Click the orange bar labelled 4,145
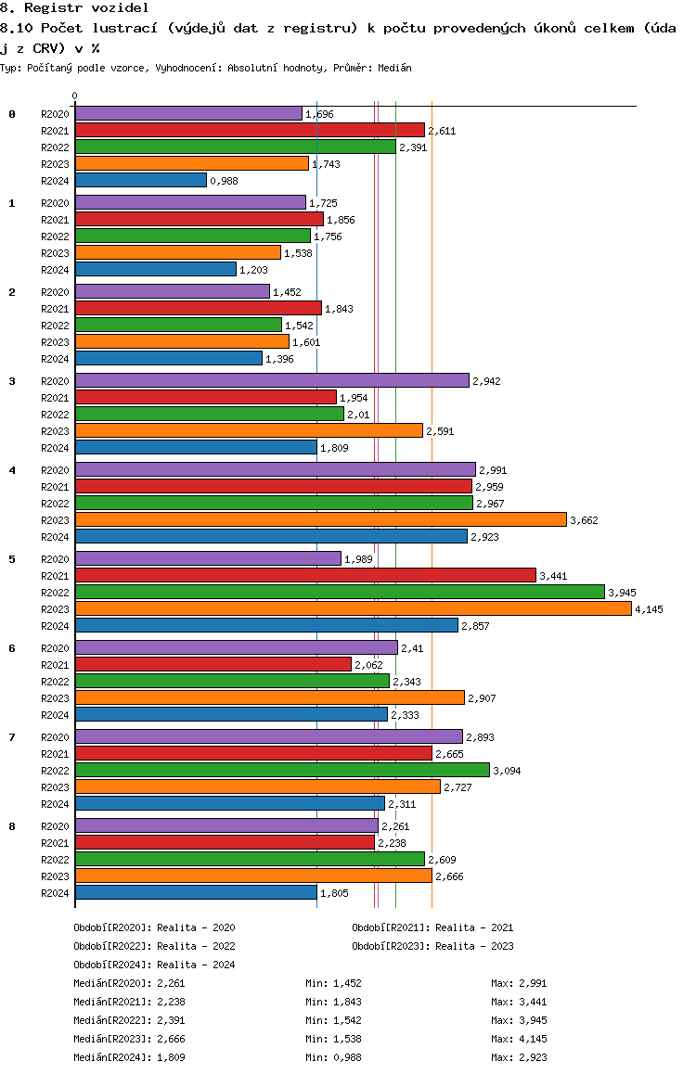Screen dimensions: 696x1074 (x=354, y=609)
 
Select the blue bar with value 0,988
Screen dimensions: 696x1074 (x=141, y=180)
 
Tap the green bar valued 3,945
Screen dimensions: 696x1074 (x=340, y=592)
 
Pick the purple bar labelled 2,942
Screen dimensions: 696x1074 (x=272, y=380)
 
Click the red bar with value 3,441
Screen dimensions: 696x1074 (x=305, y=575)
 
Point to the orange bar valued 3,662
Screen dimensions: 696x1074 (x=320, y=520)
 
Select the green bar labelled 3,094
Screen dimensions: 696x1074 (x=282, y=770)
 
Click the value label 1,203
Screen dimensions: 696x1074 (x=253, y=270)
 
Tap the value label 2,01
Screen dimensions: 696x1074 (x=358, y=415)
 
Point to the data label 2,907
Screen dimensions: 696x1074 (x=482, y=698)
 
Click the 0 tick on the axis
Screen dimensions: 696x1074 (x=74, y=96)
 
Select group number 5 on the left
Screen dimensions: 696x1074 (x=12, y=559)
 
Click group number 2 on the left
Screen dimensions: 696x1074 (x=12, y=292)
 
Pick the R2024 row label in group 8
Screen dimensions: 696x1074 (x=55, y=893)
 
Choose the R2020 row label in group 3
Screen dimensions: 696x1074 (x=55, y=381)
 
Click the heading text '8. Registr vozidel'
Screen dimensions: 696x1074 (x=74, y=8)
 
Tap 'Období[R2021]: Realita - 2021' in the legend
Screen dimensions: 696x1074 (x=432, y=927)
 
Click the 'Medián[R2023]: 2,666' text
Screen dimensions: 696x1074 (x=130, y=1039)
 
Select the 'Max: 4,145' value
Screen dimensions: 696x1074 (x=519, y=1039)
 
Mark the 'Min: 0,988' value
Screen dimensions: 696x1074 (x=333, y=1057)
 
